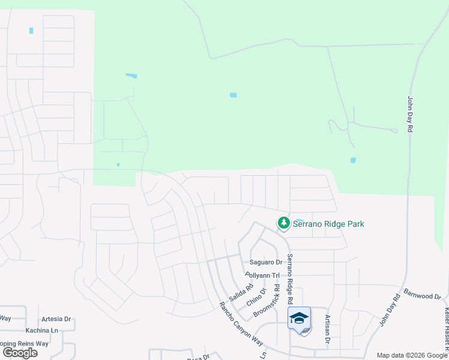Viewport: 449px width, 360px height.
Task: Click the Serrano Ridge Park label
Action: tap(328, 224)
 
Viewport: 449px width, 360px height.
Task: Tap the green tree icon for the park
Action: tap(283, 223)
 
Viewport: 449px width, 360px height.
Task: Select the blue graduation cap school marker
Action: tap(299, 319)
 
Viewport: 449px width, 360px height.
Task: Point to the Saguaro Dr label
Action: tap(266, 262)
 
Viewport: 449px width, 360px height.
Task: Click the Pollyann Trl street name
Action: tap(263, 275)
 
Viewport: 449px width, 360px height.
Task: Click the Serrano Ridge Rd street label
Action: tap(290, 278)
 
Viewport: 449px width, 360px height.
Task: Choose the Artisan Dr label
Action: tap(328, 329)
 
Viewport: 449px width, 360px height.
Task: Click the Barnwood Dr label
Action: tap(423, 295)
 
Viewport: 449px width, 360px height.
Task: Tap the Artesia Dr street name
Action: tap(56, 319)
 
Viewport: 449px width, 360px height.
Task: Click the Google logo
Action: tap(20, 352)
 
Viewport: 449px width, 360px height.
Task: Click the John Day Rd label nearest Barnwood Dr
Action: tap(390, 310)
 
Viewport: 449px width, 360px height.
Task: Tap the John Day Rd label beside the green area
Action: tap(411, 114)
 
